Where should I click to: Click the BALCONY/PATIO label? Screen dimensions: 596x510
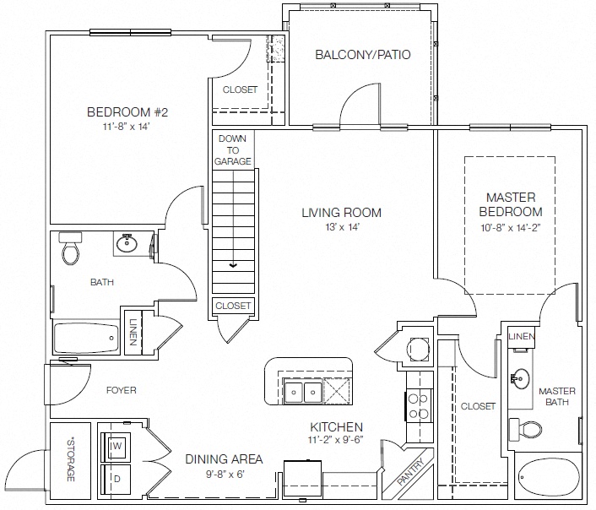(363, 55)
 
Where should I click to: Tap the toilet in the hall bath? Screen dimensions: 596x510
(70, 249)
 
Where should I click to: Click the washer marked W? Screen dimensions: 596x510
(116, 446)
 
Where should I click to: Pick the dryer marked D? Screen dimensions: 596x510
(116, 480)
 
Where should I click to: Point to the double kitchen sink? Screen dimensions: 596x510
(302, 391)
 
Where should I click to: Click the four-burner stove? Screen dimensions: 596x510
(418, 406)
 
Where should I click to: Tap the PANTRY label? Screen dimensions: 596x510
(411, 472)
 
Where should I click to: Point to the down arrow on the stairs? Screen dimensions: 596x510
(233, 265)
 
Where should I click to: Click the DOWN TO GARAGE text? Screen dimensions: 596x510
(233, 149)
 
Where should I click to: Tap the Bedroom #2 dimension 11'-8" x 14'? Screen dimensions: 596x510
(126, 127)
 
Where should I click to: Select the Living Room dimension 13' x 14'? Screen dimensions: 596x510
(342, 227)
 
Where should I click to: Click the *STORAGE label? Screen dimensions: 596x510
(71, 460)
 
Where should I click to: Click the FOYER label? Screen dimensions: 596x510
(122, 390)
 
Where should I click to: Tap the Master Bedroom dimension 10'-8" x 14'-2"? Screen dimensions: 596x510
(511, 228)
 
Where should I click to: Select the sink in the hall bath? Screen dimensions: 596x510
(126, 242)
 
